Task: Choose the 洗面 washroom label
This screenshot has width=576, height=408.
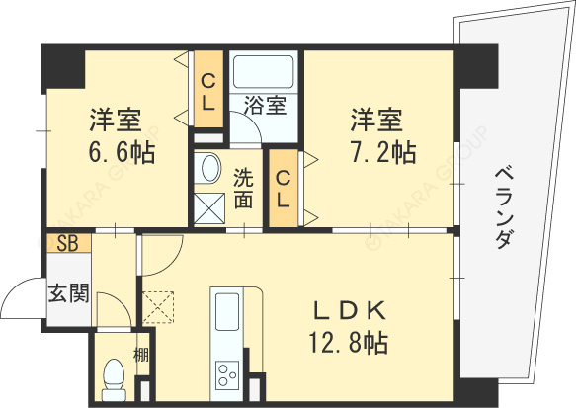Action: point(244,189)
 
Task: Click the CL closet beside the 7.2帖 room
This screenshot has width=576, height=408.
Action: point(283,189)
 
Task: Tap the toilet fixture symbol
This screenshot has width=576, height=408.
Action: point(114,376)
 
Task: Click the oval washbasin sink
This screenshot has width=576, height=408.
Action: point(208,169)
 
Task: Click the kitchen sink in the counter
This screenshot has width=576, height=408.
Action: point(226,307)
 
